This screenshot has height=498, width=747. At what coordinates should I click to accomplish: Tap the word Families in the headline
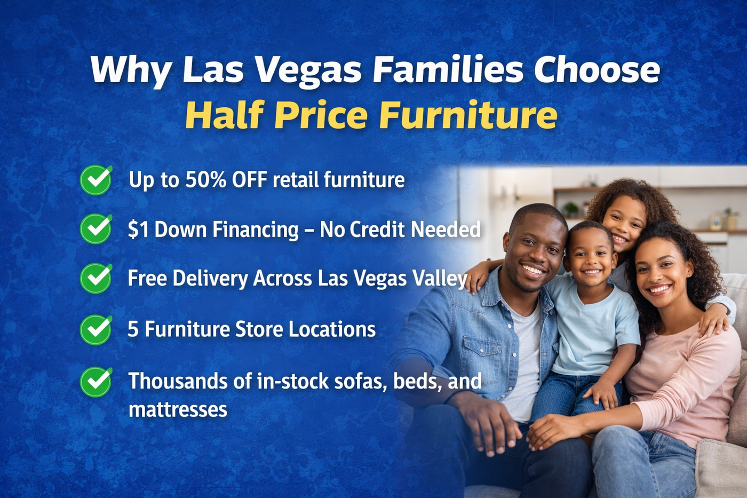448,70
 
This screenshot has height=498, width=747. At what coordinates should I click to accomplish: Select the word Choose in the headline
597,70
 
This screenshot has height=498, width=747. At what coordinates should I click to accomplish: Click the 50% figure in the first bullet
206,180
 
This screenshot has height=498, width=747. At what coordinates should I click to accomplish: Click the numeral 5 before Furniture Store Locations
133,329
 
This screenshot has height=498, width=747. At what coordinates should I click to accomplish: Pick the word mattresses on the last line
178,409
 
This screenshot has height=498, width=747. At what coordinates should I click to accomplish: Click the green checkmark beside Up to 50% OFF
96,180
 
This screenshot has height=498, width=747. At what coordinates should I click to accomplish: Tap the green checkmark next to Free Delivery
96,279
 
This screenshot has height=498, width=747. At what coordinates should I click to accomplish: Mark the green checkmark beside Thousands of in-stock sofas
96,382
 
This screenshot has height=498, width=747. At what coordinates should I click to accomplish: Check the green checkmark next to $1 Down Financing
96,229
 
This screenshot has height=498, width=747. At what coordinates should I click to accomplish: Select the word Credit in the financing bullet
378,230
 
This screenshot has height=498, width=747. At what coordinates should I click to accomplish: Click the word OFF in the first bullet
250,180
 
